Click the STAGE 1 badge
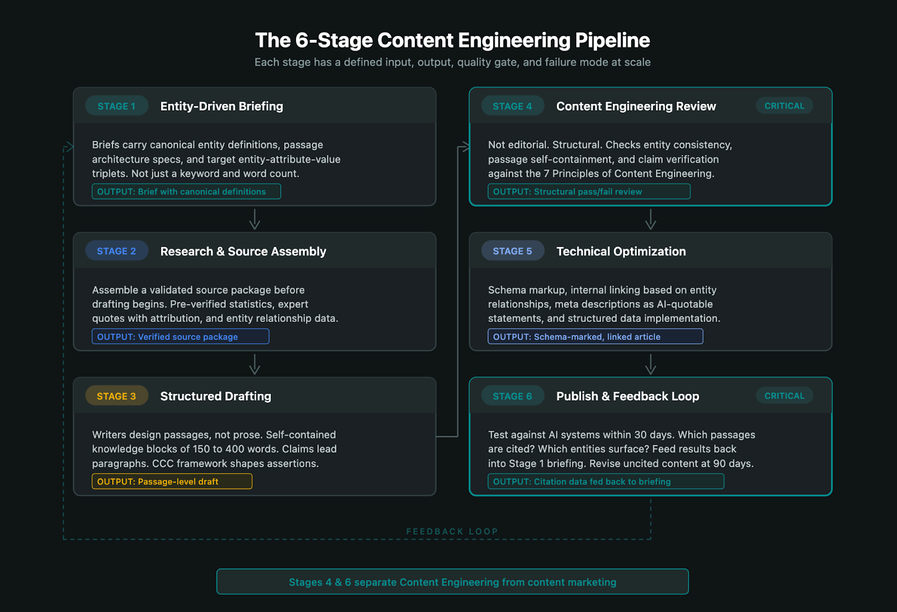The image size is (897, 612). click(117, 106)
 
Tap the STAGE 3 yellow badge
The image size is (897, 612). click(117, 396)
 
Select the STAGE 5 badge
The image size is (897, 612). click(512, 251)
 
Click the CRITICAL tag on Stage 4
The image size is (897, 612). click(784, 106)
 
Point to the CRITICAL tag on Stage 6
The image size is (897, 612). click(784, 396)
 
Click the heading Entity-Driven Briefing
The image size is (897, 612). click(221, 106)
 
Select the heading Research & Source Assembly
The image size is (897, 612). click(243, 251)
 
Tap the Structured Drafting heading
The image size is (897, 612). click(215, 396)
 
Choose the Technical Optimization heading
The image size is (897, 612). click(621, 251)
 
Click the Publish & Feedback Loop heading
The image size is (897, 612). click(627, 396)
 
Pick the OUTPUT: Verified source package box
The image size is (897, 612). click(181, 337)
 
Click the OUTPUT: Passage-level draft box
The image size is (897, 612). click(172, 481)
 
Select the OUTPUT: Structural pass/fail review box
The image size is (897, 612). click(589, 191)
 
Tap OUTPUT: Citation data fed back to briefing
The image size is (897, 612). click(605, 481)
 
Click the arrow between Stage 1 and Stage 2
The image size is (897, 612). click(255, 219)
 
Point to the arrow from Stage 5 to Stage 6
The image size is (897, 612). click(650, 364)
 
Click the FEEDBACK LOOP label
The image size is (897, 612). click(452, 531)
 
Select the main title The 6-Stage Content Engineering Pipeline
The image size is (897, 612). click(452, 40)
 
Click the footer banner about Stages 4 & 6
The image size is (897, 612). click(452, 582)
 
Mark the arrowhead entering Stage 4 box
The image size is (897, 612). click(465, 147)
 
